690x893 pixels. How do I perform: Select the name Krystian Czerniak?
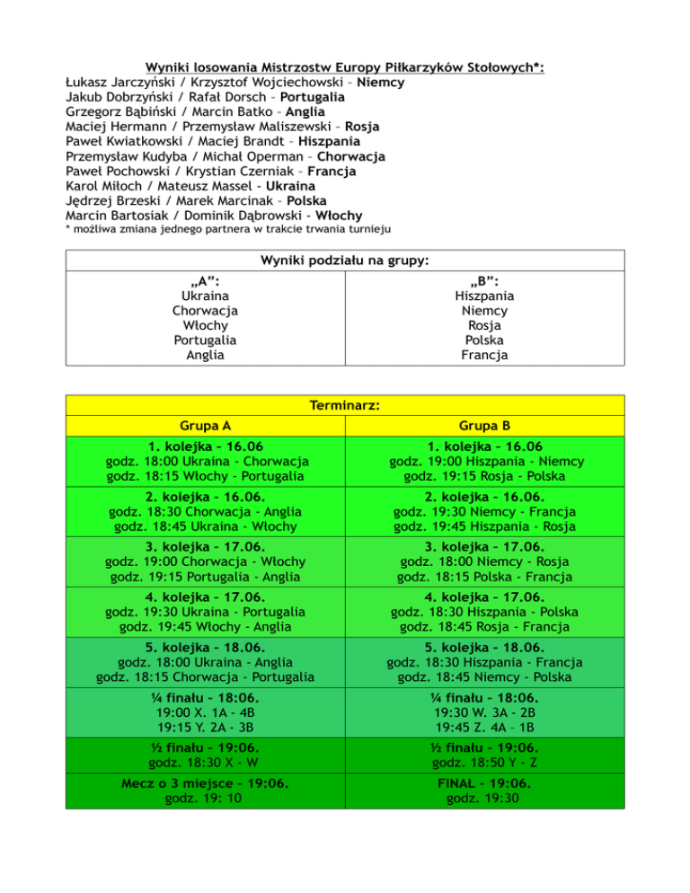(x=236, y=171)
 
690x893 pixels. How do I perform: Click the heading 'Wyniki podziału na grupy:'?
(x=345, y=261)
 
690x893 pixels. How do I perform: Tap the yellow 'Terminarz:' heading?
(x=345, y=405)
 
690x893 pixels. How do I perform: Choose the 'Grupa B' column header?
(x=486, y=425)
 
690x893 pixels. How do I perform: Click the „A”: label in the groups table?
(x=205, y=280)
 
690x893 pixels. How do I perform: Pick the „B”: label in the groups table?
(x=484, y=280)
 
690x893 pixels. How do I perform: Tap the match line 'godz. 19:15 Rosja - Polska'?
(x=486, y=475)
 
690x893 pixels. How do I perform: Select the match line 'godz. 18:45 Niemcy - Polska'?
(x=486, y=676)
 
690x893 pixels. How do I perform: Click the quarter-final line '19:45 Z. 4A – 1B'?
(x=486, y=727)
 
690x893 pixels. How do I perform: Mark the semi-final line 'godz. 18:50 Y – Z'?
(x=486, y=763)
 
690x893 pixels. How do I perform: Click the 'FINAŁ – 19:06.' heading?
(x=486, y=783)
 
